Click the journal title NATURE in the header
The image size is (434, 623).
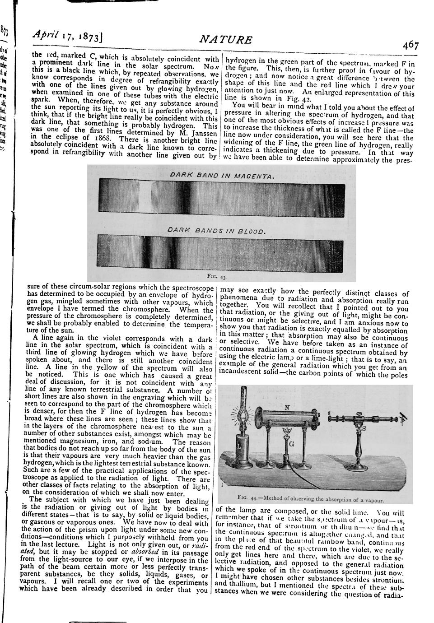(x=226, y=40)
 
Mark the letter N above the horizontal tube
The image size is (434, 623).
(x=287, y=408)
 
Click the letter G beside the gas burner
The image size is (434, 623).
(x=292, y=444)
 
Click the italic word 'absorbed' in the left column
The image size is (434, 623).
(x=144, y=552)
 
